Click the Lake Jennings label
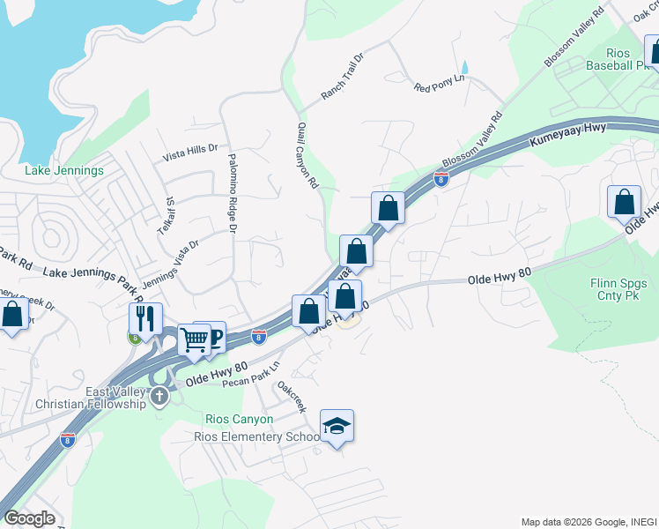[x=64, y=170]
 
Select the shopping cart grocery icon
[x=194, y=339]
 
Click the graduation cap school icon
[x=337, y=427]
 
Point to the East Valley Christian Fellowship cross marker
[x=159, y=396]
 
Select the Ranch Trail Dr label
[x=342, y=76]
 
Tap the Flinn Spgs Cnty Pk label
[x=618, y=290]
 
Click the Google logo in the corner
[x=30, y=518]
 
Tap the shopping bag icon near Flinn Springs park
[x=624, y=201]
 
